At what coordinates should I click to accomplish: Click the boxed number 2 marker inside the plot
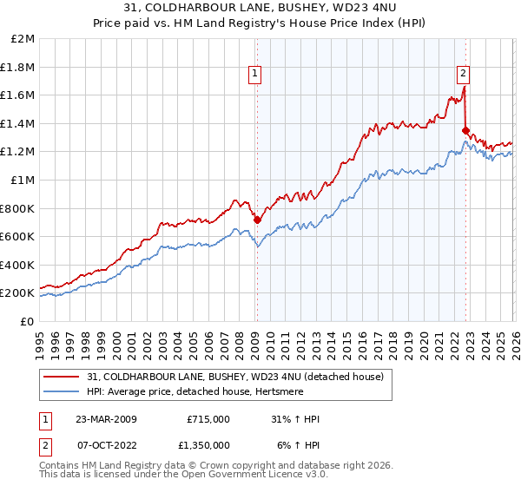pos(464,75)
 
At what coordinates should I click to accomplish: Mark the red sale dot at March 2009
pos(257,220)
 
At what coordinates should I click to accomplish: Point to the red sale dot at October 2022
pos(465,131)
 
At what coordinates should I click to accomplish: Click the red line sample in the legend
pos(63,376)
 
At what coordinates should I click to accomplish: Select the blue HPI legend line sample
pos(63,391)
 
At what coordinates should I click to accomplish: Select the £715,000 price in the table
pos(208,419)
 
